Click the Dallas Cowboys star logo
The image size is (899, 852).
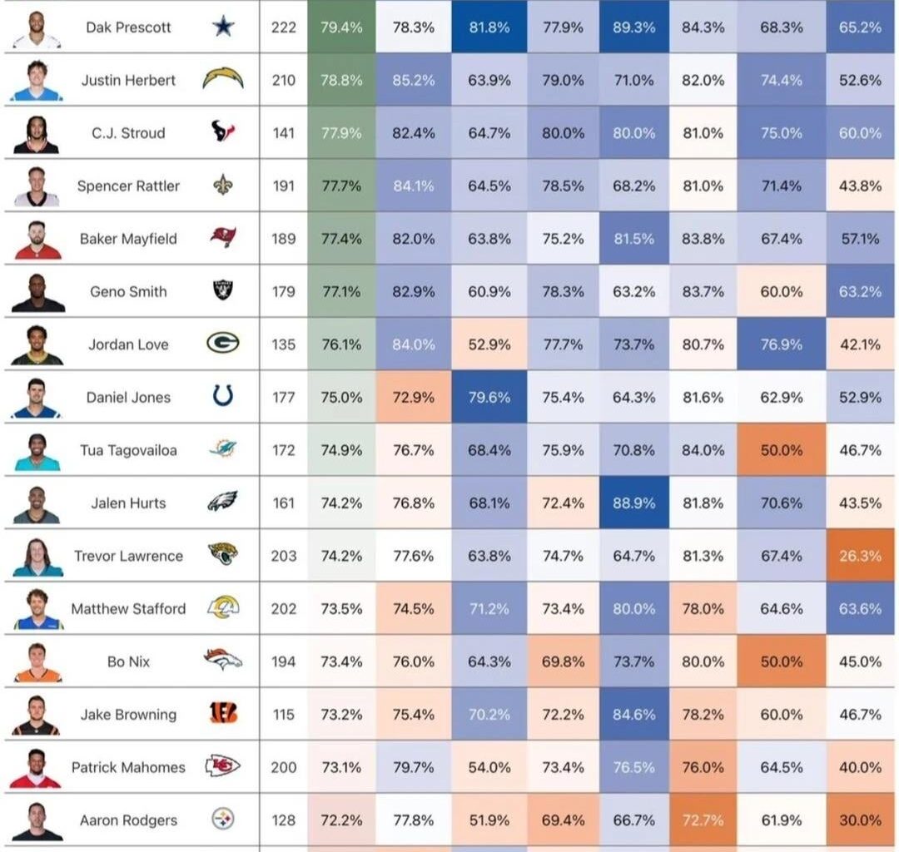222,27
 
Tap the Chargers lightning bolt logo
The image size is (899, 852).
222,80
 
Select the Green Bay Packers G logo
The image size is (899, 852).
222,344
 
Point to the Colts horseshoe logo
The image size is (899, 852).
222,397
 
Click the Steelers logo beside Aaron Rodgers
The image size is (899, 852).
222,820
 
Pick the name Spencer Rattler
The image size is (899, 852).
128,186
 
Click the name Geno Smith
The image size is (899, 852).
128,291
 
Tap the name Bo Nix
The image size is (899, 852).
128,661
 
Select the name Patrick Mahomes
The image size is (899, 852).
128,767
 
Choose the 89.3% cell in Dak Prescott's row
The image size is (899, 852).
633,27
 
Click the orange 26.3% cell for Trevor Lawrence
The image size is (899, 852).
860,556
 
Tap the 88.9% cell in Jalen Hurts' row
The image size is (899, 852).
633,503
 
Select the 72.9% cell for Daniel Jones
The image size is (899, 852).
413,397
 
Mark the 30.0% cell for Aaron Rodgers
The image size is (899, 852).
860,820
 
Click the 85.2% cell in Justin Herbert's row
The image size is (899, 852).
413,80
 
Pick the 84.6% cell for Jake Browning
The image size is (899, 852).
633,714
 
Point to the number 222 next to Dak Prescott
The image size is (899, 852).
283,27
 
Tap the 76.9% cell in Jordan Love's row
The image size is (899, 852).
781,344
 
